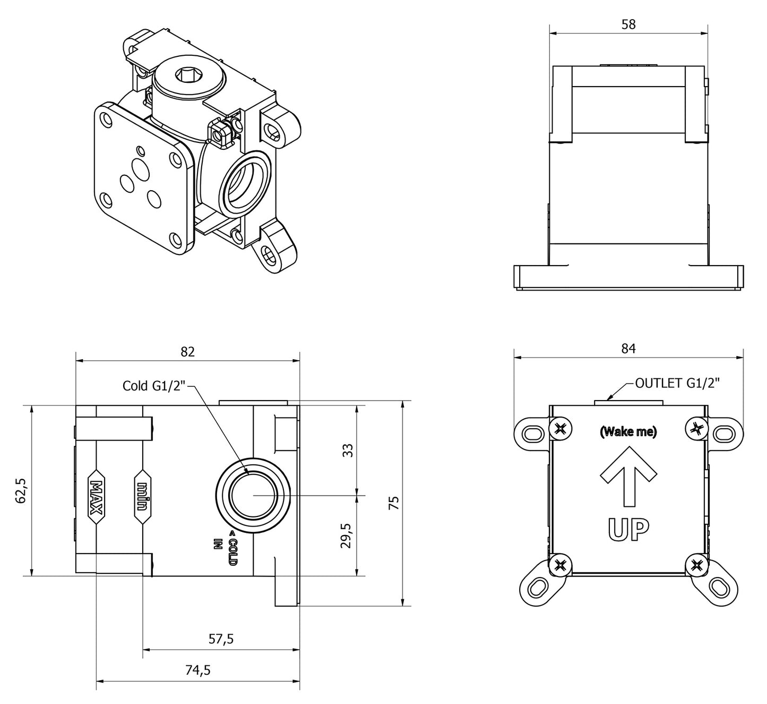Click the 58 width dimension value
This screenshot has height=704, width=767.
point(628,24)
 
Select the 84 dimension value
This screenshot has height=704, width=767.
point(628,349)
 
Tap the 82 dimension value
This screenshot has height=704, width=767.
point(188,352)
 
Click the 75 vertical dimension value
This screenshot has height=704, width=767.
point(394,503)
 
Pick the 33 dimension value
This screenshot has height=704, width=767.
point(348,450)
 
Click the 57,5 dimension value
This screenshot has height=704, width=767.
point(221,639)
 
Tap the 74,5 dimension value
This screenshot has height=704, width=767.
point(198,671)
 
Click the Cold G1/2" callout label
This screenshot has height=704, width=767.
point(153,386)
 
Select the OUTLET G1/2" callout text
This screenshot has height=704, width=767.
point(677,383)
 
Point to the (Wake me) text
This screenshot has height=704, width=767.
point(628,432)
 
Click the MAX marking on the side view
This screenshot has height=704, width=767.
point(96,497)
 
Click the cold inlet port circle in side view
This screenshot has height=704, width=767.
point(253,494)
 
